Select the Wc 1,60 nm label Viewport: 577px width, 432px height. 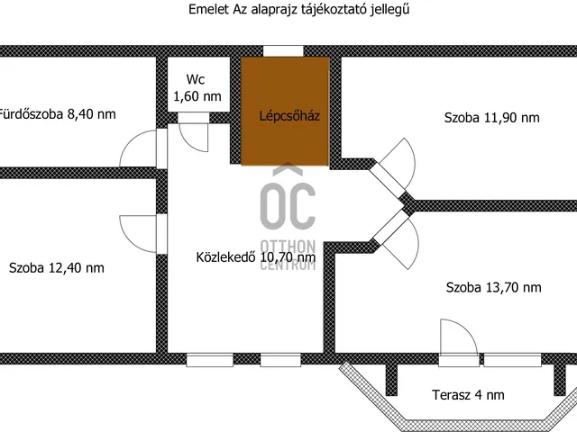(197, 87)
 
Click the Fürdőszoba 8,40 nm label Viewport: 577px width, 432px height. (57, 114)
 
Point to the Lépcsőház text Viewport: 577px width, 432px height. (287, 116)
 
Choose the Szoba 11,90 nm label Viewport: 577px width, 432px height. (491, 117)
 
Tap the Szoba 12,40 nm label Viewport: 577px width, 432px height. (56, 267)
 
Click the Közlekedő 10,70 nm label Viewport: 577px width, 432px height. (255, 256)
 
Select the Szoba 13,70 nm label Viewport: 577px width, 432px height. (493, 287)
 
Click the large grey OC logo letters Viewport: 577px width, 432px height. (288, 205)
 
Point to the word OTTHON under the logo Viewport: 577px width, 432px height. (288, 246)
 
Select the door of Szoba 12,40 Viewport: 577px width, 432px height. (140, 234)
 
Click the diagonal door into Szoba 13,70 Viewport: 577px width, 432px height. (395, 236)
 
